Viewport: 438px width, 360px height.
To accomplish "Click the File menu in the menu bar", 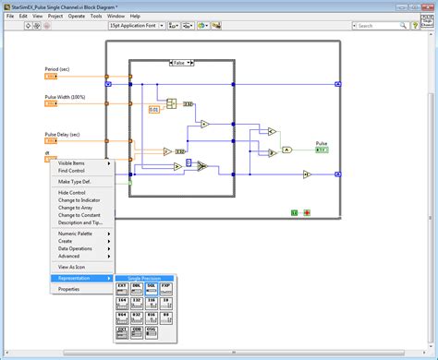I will click(11, 16).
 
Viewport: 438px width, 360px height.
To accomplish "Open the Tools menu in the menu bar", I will click(95, 16).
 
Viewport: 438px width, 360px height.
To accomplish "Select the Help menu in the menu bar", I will click(136, 16).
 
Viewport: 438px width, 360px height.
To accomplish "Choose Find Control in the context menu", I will click(71, 171).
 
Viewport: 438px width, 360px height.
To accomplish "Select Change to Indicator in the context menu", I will click(80, 200).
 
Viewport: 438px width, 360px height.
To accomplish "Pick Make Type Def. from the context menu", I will click(77, 182).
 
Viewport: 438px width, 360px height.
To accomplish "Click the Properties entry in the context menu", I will click(69, 289).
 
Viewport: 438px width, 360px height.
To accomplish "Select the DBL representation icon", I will click(137, 288).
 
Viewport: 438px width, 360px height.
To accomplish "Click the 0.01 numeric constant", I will click(154, 110).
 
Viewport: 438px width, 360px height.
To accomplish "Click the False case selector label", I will click(181, 63).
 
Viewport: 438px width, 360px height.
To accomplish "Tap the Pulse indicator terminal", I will click(322, 150).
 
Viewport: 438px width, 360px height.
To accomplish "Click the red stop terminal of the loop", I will click(307, 212).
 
